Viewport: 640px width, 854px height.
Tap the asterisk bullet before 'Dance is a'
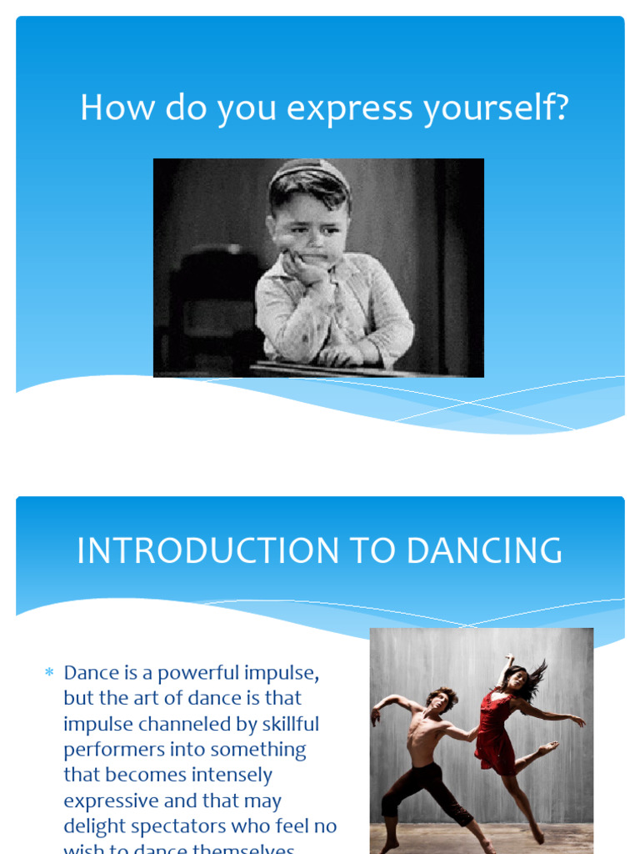click(49, 672)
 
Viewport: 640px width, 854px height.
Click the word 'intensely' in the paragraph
click(230, 775)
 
